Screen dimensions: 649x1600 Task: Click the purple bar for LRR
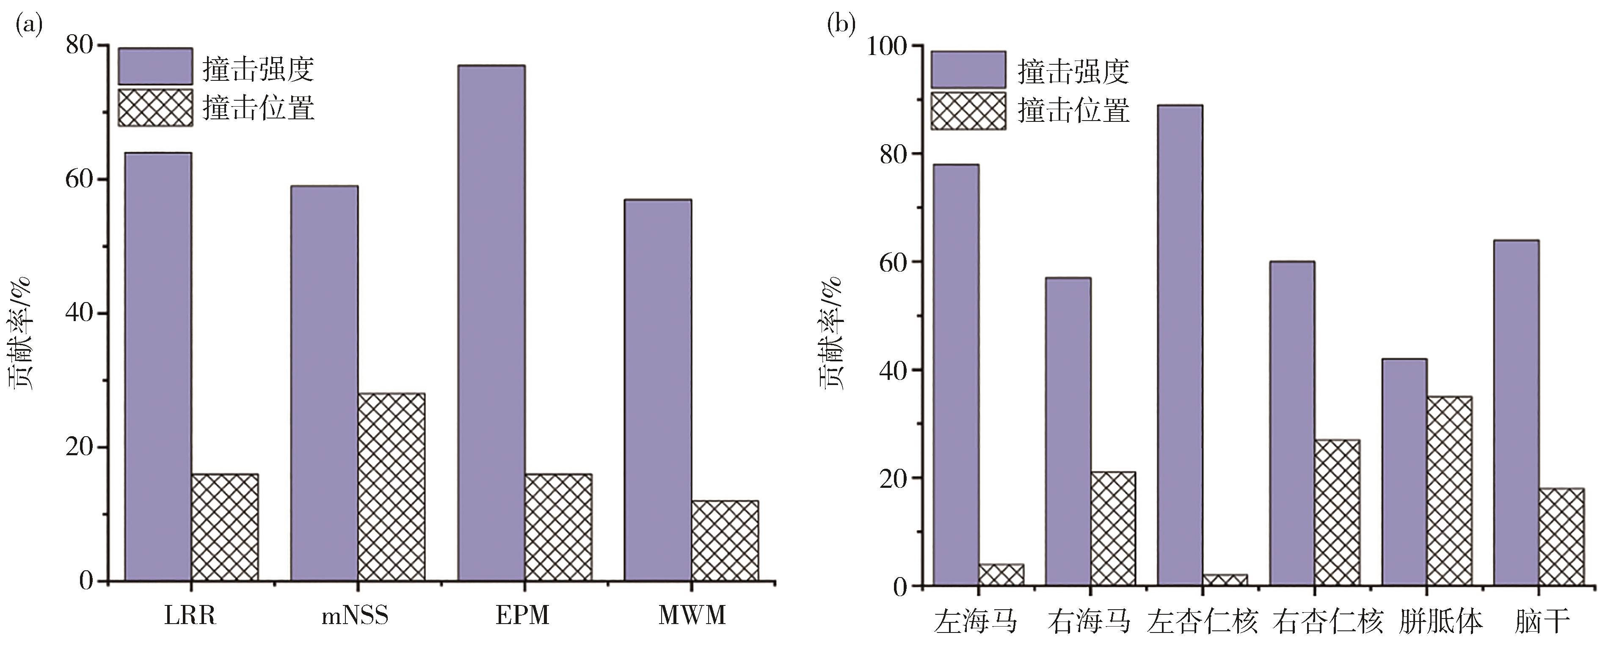click(x=158, y=366)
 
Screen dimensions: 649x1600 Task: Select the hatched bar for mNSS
click(x=391, y=487)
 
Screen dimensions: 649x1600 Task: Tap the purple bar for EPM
click(x=491, y=323)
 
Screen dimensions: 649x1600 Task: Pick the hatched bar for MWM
click(x=725, y=540)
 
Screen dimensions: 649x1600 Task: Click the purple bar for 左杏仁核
click(x=1180, y=345)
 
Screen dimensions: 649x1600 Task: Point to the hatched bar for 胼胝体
click(x=1449, y=491)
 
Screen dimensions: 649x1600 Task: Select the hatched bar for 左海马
click(x=1001, y=575)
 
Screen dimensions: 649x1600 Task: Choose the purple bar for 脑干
click(x=1516, y=412)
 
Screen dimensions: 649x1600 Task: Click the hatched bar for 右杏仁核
click(x=1337, y=512)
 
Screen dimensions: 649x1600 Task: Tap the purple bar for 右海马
click(x=1068, y=431)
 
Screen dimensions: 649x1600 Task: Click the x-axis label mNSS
click(x=355, y=616)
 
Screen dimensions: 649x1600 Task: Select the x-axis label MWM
click(x=692, y=616)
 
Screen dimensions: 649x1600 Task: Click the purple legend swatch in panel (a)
click(x=155, y=66)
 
